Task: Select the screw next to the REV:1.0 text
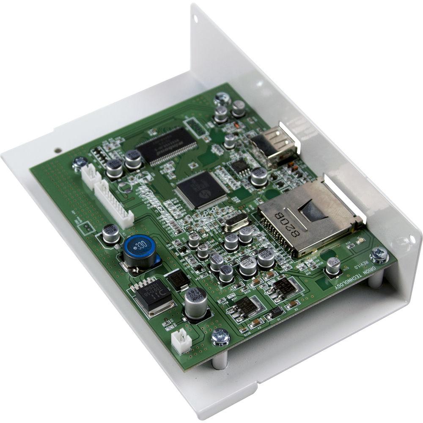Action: pos(379,255)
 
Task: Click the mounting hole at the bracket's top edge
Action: pos(195,19)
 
